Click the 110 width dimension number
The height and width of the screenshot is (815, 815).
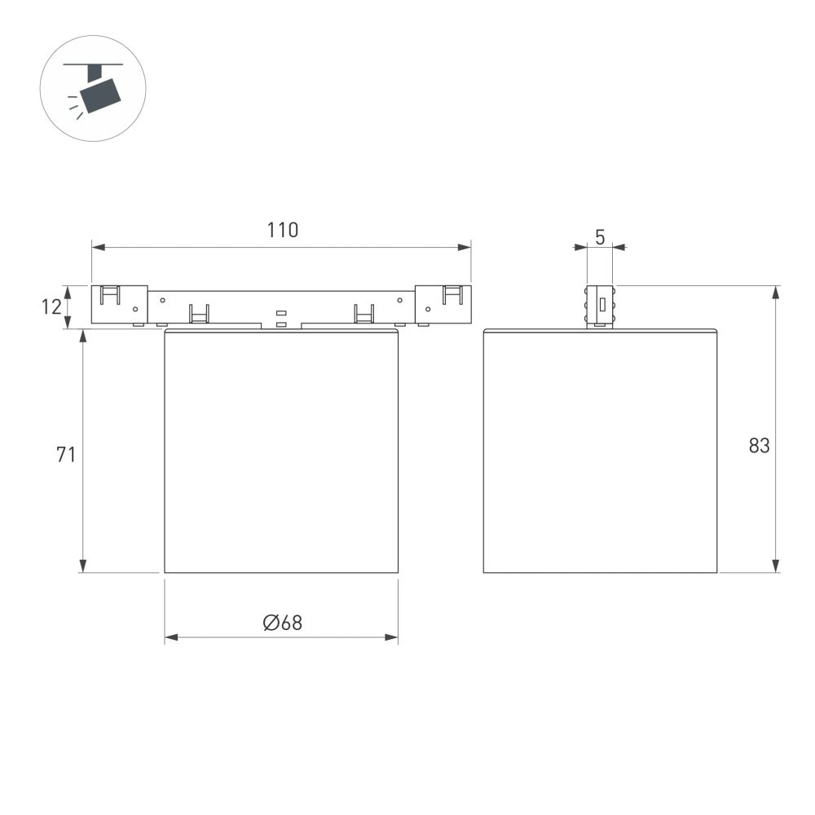click(283, 231)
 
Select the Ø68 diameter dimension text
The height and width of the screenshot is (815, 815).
click(282, 623)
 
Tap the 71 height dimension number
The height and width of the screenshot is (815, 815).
click(66, 455)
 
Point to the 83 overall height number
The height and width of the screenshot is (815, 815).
click(759, 446)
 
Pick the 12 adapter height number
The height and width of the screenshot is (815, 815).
click(51, 307)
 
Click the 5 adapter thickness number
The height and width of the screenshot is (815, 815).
click(600, 237)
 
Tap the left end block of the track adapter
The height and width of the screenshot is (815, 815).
click(119, 304)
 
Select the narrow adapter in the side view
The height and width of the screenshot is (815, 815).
click(600, 306)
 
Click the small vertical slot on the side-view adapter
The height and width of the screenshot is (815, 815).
click(601, 306)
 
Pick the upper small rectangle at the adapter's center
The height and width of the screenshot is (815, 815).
click(281, 313)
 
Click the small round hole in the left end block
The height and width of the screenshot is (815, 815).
click(135, 309)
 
